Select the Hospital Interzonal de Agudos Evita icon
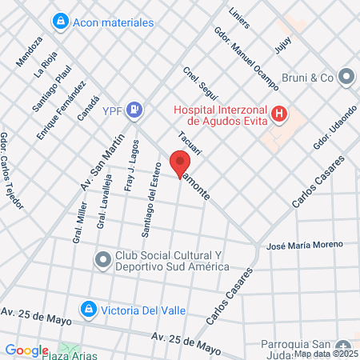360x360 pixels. (x=278, y=114)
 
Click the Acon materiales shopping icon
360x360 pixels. (x=58, y=22)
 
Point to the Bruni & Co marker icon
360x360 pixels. (x=346, y=78)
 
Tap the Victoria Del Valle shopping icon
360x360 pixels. (x=87, y=308)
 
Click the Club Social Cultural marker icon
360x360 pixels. (x=102, y=259)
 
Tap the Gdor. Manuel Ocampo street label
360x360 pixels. (x=246, y=58)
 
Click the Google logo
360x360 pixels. (x=26, y=350)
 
